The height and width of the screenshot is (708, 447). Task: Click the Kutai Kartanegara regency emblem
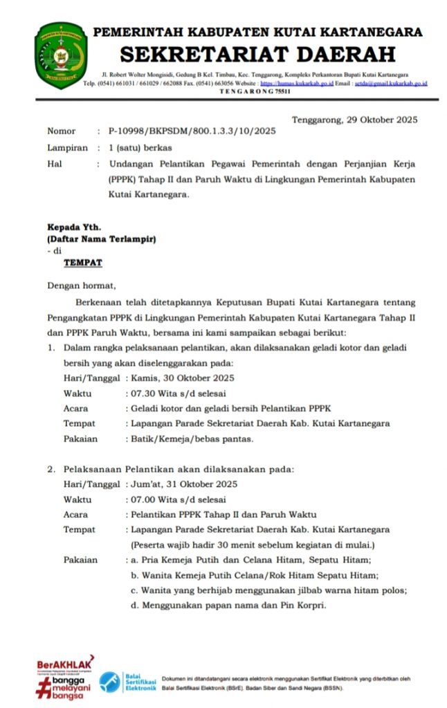(60, 55)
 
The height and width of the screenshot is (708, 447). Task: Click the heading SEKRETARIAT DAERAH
(258, 53)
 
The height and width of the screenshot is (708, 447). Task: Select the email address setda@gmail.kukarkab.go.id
(390, 83)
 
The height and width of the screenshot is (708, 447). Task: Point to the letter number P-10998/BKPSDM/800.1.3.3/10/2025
(192, 131)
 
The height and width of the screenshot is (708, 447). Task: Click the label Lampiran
(67, 147)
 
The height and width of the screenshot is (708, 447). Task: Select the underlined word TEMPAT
(83, 263)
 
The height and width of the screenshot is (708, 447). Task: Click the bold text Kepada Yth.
(74, 227)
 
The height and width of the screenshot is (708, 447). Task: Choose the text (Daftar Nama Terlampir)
(102, 239)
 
